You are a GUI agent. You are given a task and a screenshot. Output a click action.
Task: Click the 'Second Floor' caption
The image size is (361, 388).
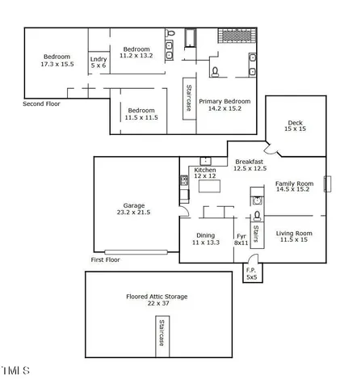coord(41,103)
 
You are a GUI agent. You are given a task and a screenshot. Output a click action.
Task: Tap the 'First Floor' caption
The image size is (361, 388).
coord(105,260)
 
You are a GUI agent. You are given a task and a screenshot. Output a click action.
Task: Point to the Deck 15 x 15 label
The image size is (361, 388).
coord(295,125)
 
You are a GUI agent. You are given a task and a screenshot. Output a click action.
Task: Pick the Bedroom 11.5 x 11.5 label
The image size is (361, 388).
coord(141,113)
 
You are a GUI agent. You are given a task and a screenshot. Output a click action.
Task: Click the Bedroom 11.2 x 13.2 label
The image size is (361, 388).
coord(136,53)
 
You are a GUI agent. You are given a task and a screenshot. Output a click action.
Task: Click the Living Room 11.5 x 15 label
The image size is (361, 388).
coord(296,236)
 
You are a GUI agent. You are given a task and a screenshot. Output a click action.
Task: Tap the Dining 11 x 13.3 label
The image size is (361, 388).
coord(206,238)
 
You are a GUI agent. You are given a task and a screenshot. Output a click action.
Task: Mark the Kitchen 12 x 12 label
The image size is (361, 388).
coord(205,173)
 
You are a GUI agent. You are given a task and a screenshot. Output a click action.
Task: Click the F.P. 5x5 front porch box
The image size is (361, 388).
coord(251,273)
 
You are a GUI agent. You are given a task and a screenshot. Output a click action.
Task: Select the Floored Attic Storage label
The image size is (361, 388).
coord(157,300)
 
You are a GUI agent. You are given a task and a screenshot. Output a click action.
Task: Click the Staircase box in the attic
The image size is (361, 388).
coord(162,335)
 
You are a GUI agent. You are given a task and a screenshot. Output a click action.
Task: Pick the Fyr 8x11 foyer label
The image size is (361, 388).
coord(241,238)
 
